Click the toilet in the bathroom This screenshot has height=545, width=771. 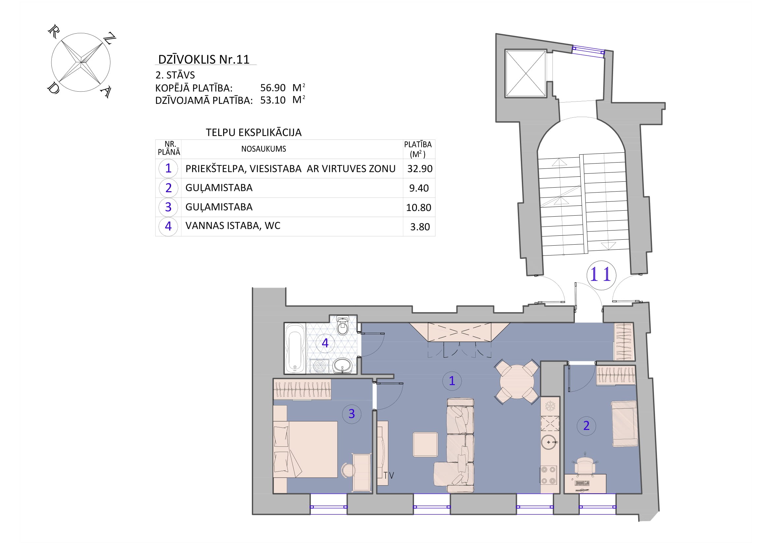tap(342, 325)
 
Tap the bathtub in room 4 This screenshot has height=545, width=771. tap(295, 348)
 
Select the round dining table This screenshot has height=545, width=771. tap(517, 382)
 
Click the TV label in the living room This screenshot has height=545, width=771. tap(389, 475)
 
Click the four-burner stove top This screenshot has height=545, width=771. tap(549, 475)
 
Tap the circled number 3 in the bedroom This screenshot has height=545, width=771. tap(352, 414)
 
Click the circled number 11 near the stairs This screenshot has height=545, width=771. tap(601, 275)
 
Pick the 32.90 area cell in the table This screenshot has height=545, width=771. tap(420, 168)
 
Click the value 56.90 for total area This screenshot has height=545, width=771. tap(273, 88)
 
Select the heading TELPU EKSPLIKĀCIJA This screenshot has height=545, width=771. tap(253, 133)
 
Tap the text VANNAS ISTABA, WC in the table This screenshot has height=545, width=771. tap(233, 226)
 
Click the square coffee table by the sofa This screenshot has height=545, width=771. tap(425, 444)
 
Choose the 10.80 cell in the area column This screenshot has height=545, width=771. tap(418, 207)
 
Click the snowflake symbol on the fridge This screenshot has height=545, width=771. tap(550, 407)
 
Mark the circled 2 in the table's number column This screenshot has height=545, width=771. tap(168, 188)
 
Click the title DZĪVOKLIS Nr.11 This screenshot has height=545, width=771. tap(204, 59)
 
